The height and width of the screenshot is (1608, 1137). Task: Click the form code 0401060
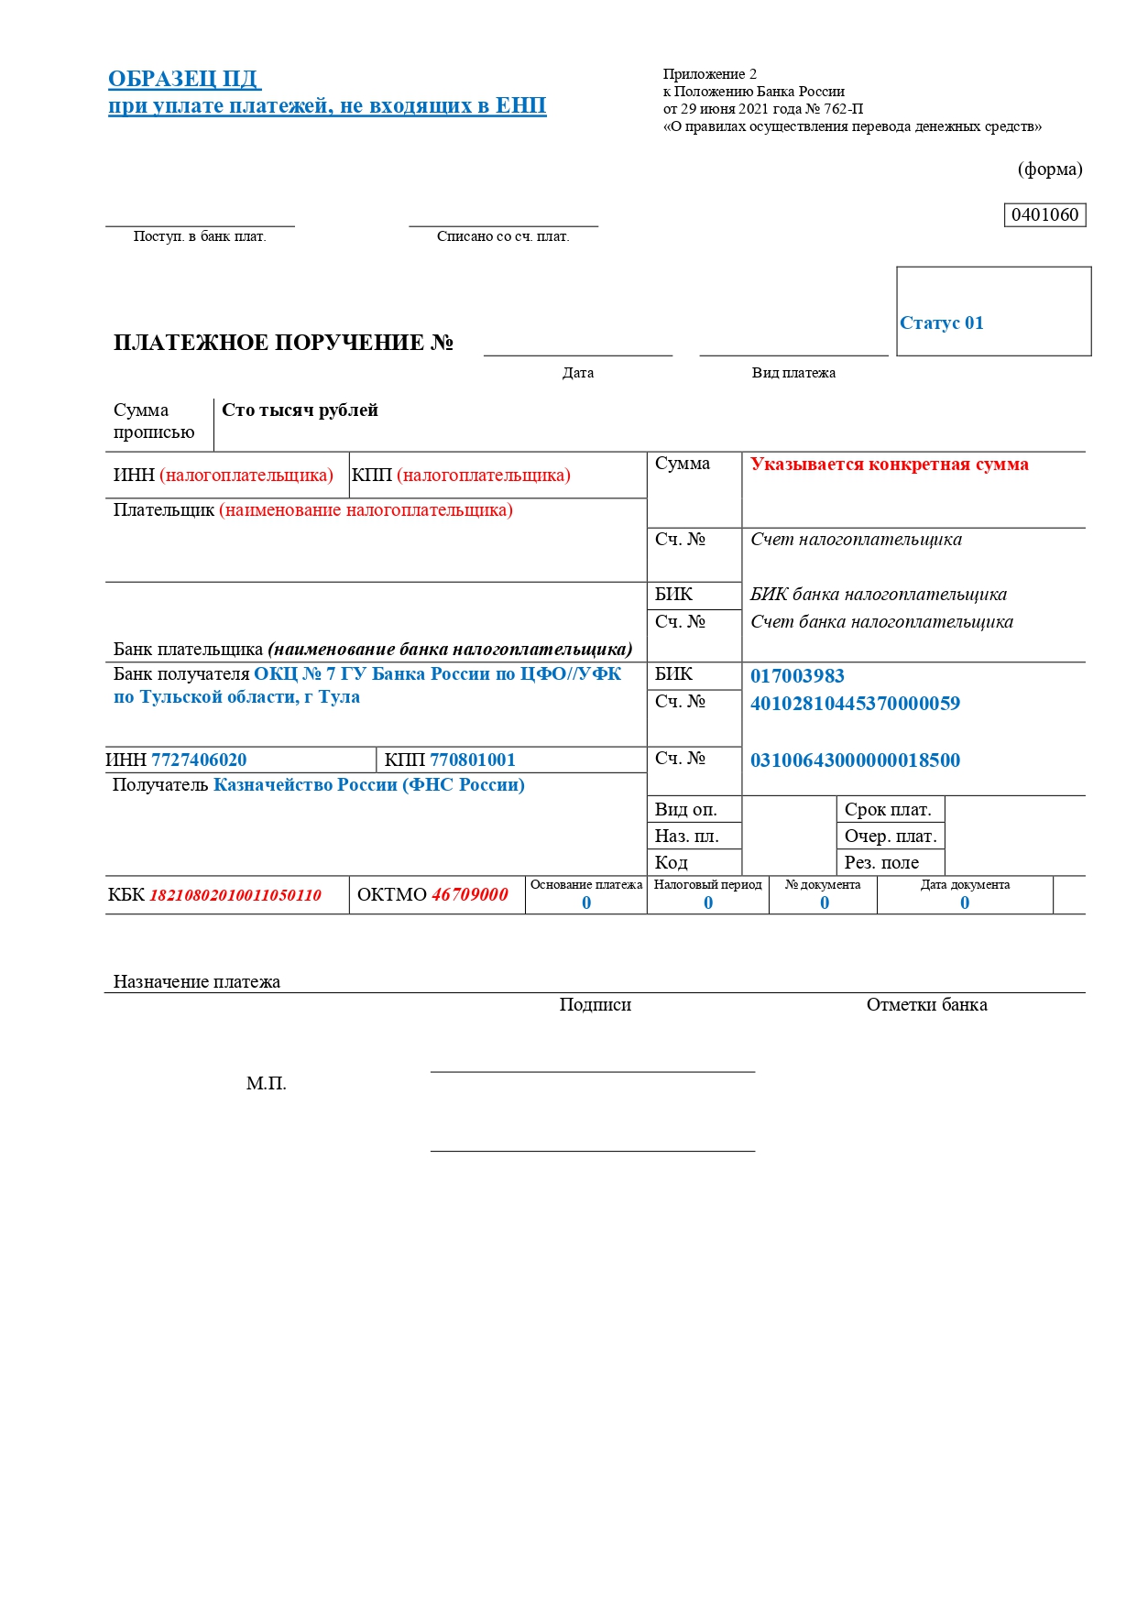click(1044, 215)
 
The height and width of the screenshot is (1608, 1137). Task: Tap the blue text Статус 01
click(941, 323)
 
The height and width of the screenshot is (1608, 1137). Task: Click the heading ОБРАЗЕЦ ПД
click(184, 79)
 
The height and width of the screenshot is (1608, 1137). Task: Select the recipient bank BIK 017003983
click(797, 676)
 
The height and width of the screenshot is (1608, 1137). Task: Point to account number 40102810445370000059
click(855, 704)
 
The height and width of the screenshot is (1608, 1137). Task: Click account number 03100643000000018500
click(855, 760)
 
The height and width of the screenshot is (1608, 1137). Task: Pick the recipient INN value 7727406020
click(199, 760)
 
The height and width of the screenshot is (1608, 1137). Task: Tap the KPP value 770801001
click(473, 760)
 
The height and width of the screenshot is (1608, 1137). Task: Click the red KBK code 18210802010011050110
click(235, 895)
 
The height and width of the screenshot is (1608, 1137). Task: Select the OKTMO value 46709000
click(469, 895)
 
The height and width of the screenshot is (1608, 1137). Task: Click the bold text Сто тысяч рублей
click(300, 410)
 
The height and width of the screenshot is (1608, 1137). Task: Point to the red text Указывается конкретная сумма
click(889, 465)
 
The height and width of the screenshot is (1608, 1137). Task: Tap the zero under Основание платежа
click(586, 903)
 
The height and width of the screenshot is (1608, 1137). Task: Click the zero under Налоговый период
click(708, 903)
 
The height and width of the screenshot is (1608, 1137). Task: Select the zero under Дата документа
click(965, 903)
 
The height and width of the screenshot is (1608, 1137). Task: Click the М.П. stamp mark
click(266, 1084)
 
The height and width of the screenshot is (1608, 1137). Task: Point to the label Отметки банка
click(926, 1005)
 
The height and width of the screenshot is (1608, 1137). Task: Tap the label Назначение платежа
click(197, 982)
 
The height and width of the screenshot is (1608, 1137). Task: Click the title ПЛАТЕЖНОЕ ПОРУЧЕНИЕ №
click(283, 343)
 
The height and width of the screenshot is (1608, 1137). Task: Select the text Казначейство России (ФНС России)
click(368, 785)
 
